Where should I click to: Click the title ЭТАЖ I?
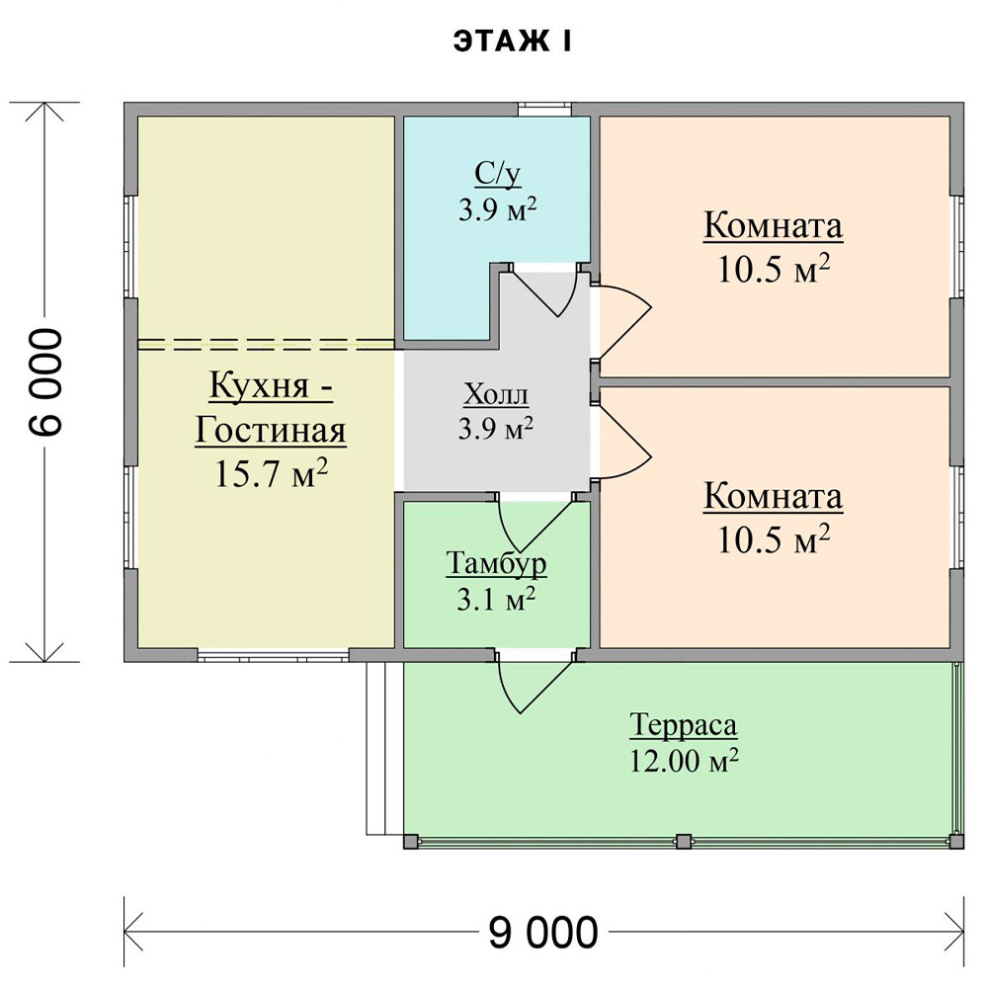click(x=512, y=41)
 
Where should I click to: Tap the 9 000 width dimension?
click(x=543, y=932)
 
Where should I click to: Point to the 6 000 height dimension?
click(x=45, y=381)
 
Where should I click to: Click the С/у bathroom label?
click(x=498, y=175)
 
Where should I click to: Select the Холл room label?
click(x=496, y=395)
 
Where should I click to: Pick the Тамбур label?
click(x=497, y=563)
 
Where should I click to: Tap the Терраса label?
click(x=683, y=725)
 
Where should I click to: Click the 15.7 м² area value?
click(x=272, y=474)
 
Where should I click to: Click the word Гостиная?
click(x=271, y=431)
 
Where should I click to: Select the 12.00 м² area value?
click(x=684, y=761)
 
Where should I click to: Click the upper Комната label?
click(x=774, y=225)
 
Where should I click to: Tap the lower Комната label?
click(x=774, y=497)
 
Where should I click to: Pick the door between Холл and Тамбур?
click(x=535, y=524)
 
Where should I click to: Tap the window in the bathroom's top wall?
click(x=545, y=110)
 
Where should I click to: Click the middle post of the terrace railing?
click(x=683, y=841)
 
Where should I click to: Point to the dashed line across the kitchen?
click(x=267, y=344)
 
